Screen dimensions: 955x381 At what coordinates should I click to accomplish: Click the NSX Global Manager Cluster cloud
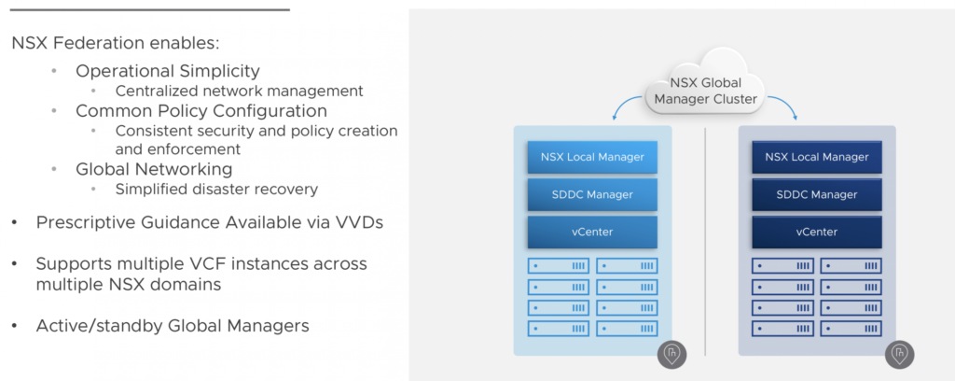pos(705,85)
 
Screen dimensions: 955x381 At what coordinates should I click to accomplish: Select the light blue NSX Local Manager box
pos(592,157)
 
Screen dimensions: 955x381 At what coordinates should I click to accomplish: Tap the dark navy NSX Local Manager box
pos(817,157)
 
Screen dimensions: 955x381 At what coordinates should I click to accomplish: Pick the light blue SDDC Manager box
pos(592,194)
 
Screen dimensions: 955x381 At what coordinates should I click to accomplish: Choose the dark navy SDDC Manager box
pos(817,194)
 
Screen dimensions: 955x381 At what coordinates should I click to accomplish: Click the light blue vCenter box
pos(592,232)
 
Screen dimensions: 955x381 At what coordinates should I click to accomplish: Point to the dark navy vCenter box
pos(817,232)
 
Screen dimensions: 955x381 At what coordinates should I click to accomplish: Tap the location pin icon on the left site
pos(673,354)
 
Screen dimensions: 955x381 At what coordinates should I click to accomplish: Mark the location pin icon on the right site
pos(899,354)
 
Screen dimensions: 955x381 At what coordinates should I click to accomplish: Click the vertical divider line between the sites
pos(705,241)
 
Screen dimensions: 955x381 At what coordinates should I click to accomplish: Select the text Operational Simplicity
pos(168,71)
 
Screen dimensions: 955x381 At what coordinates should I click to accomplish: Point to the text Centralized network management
pos(240,91)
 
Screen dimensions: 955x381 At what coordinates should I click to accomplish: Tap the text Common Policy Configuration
pos(201,111)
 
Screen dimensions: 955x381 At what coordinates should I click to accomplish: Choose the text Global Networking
pos(154,169)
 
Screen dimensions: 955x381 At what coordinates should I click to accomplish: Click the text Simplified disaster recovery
pos(216,189)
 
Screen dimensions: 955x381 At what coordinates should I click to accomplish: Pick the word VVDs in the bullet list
pos(359,222)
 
